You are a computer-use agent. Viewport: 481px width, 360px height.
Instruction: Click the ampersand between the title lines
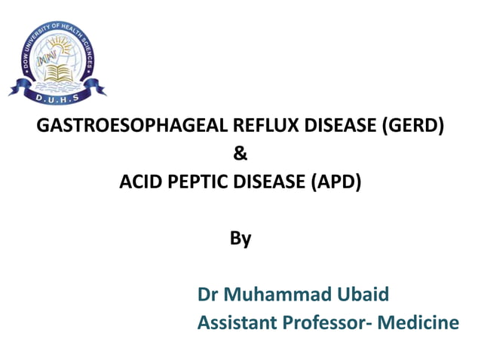[240, 154]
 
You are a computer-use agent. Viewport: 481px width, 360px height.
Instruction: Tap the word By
[240, 239]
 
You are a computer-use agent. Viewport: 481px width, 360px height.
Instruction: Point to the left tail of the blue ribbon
[17, 91]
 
